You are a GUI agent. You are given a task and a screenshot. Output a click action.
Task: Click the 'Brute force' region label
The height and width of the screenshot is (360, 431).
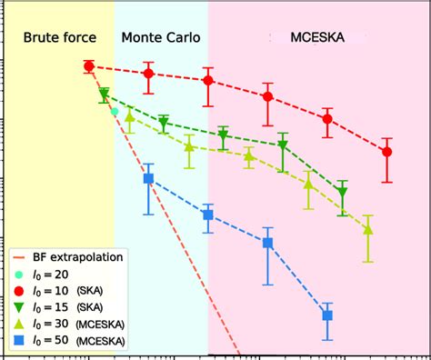[x=56, y=40]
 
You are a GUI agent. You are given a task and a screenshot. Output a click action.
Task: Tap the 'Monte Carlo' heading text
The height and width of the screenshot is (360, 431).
[x=160, y=40]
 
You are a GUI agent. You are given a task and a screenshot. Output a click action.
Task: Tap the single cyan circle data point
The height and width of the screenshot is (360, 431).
[x=115, y=112]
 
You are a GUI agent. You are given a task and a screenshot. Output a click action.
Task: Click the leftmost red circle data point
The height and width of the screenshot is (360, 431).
[x=89, y=66]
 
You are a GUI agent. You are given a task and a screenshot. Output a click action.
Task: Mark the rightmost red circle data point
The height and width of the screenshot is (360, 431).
[x=387, y=152]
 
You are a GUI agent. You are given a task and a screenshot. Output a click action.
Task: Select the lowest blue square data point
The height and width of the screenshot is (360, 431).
[x=327, y=315]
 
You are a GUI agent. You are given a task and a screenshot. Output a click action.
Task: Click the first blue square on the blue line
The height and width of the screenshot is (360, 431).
[x=148, y=179]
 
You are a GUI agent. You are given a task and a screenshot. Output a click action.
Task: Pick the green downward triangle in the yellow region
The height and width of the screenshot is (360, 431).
[x=105, y=93]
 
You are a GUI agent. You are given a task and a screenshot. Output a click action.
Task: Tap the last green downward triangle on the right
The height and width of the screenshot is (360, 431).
[x=343, y=193]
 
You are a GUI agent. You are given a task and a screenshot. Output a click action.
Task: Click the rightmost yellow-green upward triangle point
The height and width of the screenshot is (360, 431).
[x=368, y=230]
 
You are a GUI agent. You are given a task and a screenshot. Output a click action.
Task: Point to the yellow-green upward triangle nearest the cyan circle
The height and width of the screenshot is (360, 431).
[x=130, y=116]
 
